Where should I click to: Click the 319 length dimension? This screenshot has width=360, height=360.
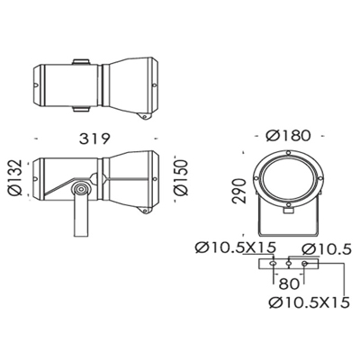pos(94,139)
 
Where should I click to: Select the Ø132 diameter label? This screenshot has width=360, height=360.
pos(15,177)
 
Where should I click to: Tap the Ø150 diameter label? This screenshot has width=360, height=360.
pos(181,177)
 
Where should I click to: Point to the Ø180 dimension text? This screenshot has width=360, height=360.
pos(288,136)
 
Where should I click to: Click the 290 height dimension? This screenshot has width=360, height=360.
pos(240,191)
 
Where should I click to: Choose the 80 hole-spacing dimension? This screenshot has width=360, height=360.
pos(289,283)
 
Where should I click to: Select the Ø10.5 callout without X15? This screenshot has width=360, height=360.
pos(326,249)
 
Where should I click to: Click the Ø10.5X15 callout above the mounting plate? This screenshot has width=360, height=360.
pos(235,247)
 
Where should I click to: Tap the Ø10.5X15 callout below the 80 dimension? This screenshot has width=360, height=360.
pos(310,302)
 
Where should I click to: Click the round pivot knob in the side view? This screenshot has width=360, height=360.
pos(81,189)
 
